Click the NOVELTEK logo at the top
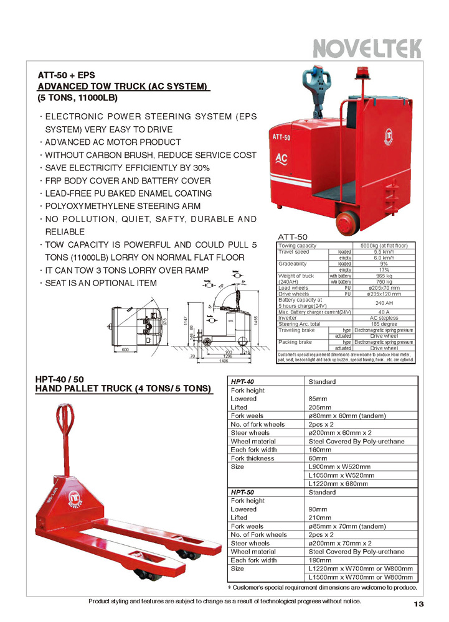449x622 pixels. pyautogui.click(x=367, y=48)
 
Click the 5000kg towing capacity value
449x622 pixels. pyautogui.click(x=384, y=246)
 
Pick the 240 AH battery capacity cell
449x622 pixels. pyautogui.click(x=384, y=303)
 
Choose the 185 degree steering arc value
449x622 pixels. pyautogui.click(x=384, y=323)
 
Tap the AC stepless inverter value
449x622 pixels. pyautogui.click(x=384, y=318)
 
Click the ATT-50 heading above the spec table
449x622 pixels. pyautogui.click(x=293, y=237)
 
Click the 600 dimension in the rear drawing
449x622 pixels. pyautogui.click(x=125, y=350)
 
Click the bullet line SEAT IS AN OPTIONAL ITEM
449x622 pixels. pyautogui.click(x=102, y=283)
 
